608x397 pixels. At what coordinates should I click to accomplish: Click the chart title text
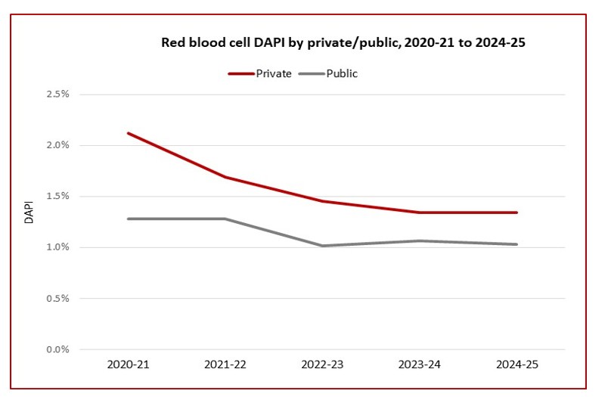(343, 42)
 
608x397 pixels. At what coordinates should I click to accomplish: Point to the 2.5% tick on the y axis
(57, 95)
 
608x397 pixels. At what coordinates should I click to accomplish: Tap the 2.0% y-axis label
(57, 145)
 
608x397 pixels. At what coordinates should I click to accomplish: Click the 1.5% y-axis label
(57, 197)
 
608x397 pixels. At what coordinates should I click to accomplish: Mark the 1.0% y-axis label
(57, 247)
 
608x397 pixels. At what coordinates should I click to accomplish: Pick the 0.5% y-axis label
(57, 298)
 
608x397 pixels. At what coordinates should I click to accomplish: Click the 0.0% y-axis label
(57, 349)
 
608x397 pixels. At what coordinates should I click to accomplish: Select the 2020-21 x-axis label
(129, 364)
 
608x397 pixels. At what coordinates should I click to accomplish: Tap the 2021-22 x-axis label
(225, 364)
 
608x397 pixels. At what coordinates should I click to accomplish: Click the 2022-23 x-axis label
(322, 364)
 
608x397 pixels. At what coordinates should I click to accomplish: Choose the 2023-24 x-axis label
(420, 364)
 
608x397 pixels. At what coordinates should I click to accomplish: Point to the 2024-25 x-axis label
(517, 364)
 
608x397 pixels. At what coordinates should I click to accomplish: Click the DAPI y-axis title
(29, 222)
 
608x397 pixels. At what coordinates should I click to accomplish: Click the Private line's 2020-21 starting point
(129, 133)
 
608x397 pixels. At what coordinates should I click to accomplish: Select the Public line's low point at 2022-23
(322, 246)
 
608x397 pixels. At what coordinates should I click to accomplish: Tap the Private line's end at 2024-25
(517, 212)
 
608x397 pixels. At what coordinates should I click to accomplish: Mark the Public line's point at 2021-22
(225, 219)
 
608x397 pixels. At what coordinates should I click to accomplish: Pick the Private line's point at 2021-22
(225, 177)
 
